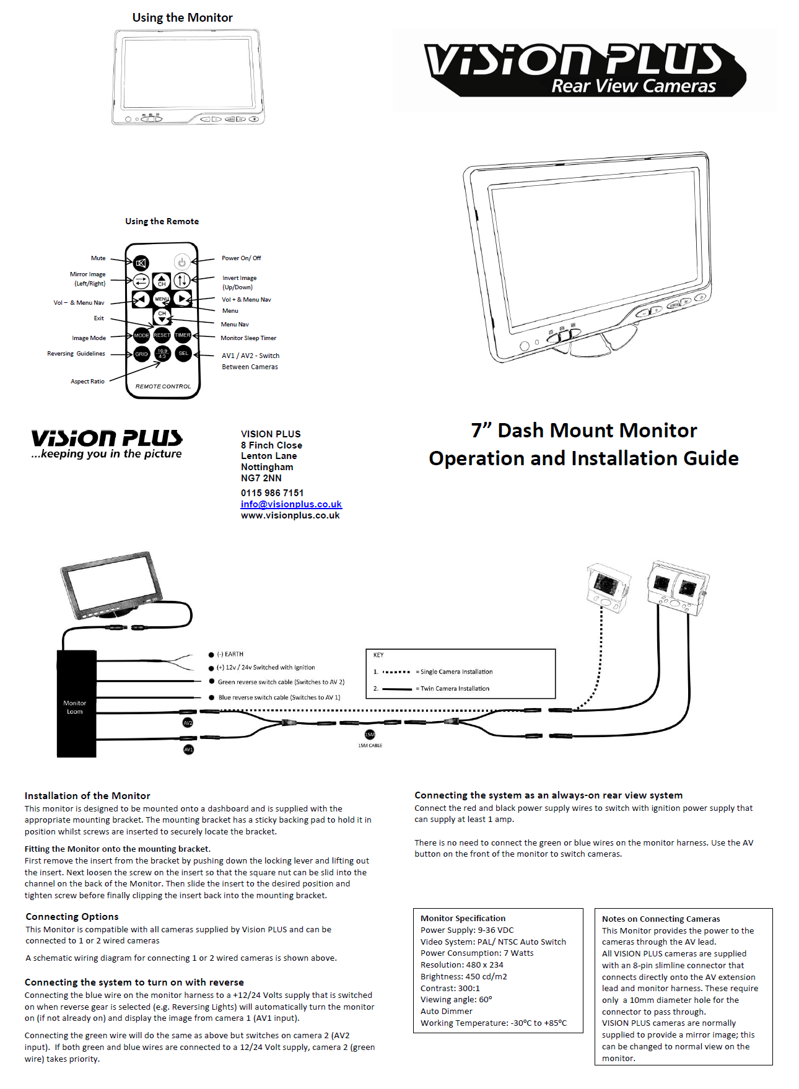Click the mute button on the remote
(141, 263)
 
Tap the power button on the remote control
(181, 262)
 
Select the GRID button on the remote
(142, 354)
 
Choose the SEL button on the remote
(183, 354)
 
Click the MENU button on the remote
(162, 299)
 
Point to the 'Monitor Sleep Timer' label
(248, 338)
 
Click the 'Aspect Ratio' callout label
(87, 382)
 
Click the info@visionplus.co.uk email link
(291, 504)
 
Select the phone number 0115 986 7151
(272, 493)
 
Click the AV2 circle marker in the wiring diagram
(188, 723)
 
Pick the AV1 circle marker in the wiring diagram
(189, 750)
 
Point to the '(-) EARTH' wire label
(230, 654)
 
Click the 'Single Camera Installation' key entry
(456, 672)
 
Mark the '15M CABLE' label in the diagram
(370, 746)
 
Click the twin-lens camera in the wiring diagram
(678, 587)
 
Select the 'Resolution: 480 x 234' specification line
(461, 965)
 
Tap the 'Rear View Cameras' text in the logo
(633, 86)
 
